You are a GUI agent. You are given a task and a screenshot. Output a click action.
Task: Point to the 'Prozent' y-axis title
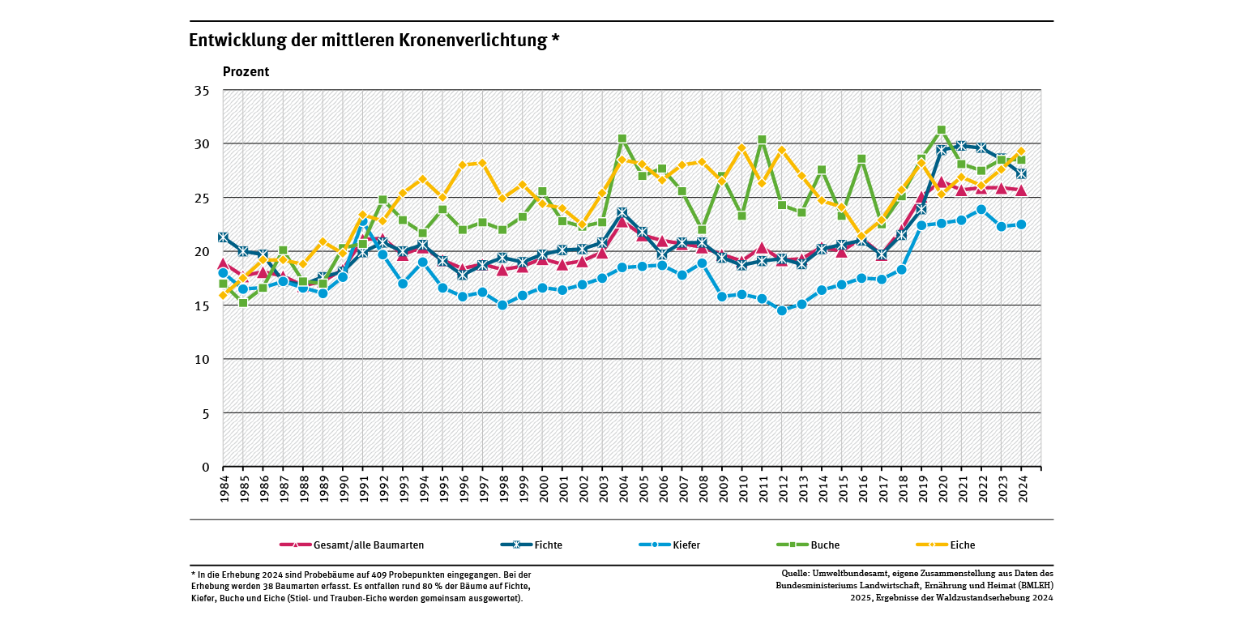tap(246, 71)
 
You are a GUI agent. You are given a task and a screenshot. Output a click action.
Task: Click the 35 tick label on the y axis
tap(202, 91)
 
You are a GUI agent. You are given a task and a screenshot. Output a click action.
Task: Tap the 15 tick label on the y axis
tap(202, 305)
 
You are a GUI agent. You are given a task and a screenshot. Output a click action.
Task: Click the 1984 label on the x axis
tap(224, 489)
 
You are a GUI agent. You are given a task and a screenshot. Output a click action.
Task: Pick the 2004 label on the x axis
tap(623, 489)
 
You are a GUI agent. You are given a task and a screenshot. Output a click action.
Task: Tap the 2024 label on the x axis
tap(1022, 489)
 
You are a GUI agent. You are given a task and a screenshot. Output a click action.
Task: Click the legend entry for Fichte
tap(548, 545)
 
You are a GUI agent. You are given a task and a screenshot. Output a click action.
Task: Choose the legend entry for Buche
tap(826, 545)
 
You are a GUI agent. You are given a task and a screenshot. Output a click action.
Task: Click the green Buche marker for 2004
tap(622, 139)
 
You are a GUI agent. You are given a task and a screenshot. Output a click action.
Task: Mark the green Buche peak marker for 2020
tap(942, 130)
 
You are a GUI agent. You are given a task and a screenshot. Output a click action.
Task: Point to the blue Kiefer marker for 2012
tap(782, 310)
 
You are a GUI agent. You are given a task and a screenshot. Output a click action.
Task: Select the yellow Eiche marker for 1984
tap(223, 295)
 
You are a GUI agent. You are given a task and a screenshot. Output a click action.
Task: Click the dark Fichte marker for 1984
tap(223, 237)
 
